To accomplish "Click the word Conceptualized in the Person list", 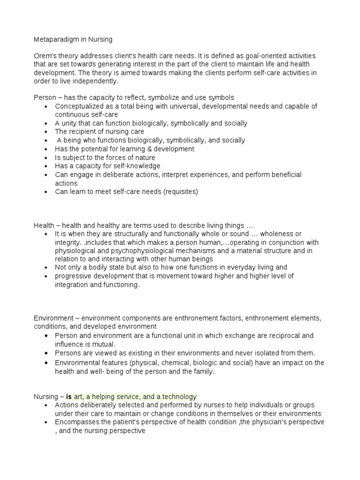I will (x=78, y=106).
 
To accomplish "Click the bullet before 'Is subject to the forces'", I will (x=45, y=157).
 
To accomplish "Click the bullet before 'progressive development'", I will (x=45, y=276).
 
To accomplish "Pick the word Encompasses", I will (x=75, y=422).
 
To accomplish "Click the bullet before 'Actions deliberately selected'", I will (x=45, y=405).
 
